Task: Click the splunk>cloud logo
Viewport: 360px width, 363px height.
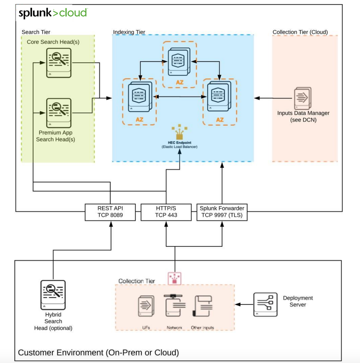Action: point(53,13)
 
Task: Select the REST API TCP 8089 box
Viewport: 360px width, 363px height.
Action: point(110,212)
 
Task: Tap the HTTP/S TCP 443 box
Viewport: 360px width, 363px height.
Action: point(166,212)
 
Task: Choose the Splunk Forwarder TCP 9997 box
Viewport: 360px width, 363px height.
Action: point(222,212)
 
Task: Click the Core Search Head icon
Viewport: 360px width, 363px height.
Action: point(59,63)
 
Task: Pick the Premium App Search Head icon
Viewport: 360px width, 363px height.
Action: point(59,113)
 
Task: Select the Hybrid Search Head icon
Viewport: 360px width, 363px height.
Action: point(53,295)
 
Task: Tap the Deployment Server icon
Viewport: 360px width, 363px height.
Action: point(265,304)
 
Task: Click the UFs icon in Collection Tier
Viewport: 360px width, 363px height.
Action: point(146,306)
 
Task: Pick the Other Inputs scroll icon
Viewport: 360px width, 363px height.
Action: point(203,306)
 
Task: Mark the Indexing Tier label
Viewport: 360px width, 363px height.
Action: point(129,32)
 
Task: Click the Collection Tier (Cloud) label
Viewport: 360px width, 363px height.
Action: point(300,32)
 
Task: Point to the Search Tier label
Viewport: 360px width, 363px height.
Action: point(36,32)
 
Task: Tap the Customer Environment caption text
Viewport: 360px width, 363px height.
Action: point(98,352)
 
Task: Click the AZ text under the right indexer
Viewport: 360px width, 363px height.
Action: point(220,120)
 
